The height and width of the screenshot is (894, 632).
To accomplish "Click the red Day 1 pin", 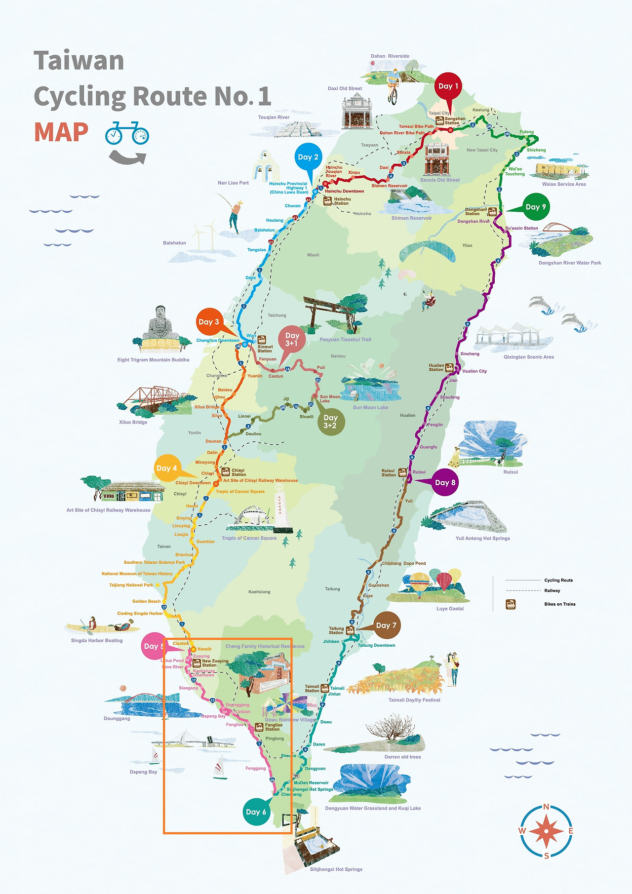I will (x=448, y=87).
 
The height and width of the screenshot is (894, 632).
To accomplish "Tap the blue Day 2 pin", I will (x=308, y=157).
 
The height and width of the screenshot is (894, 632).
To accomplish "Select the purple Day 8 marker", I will (x=445, y=483).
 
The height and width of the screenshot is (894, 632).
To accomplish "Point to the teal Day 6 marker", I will (x=256, y=812).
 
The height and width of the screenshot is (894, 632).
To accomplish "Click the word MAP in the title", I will (x=61, y=132).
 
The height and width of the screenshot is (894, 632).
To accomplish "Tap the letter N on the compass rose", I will (x=546, y=807).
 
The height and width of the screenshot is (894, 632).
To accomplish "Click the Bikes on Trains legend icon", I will (x=511, y=604).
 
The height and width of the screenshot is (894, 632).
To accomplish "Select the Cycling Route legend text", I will (x=558, y=580).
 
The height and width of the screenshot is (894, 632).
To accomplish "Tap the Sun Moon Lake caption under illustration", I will (x=370, y=407).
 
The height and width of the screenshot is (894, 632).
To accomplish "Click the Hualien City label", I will (x=474, y=371).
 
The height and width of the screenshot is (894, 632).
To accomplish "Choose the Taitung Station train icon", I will (x=350, y=630).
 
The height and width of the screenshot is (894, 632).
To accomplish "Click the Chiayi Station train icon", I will (x=225, y=471).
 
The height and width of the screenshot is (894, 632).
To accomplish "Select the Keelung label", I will (x=480, y=110).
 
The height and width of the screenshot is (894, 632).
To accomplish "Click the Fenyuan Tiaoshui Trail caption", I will (x=345, y=340).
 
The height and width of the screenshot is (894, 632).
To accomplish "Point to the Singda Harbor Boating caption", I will (x=97, y=640).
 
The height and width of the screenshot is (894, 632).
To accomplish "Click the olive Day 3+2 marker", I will (x=330, y=422).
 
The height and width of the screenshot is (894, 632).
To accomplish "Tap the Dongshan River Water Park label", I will (x=570, y=263).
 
